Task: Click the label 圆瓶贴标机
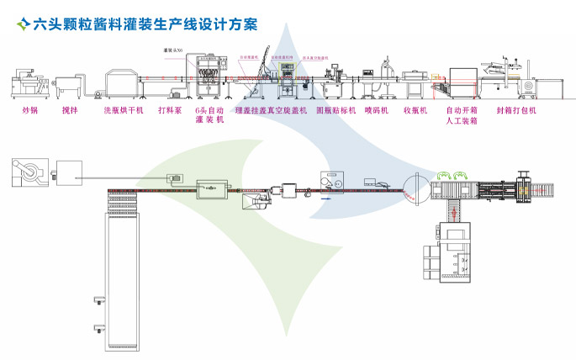336,110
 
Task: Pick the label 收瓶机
415,110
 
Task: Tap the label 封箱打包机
516,110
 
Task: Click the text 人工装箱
461,121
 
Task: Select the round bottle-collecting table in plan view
415,188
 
